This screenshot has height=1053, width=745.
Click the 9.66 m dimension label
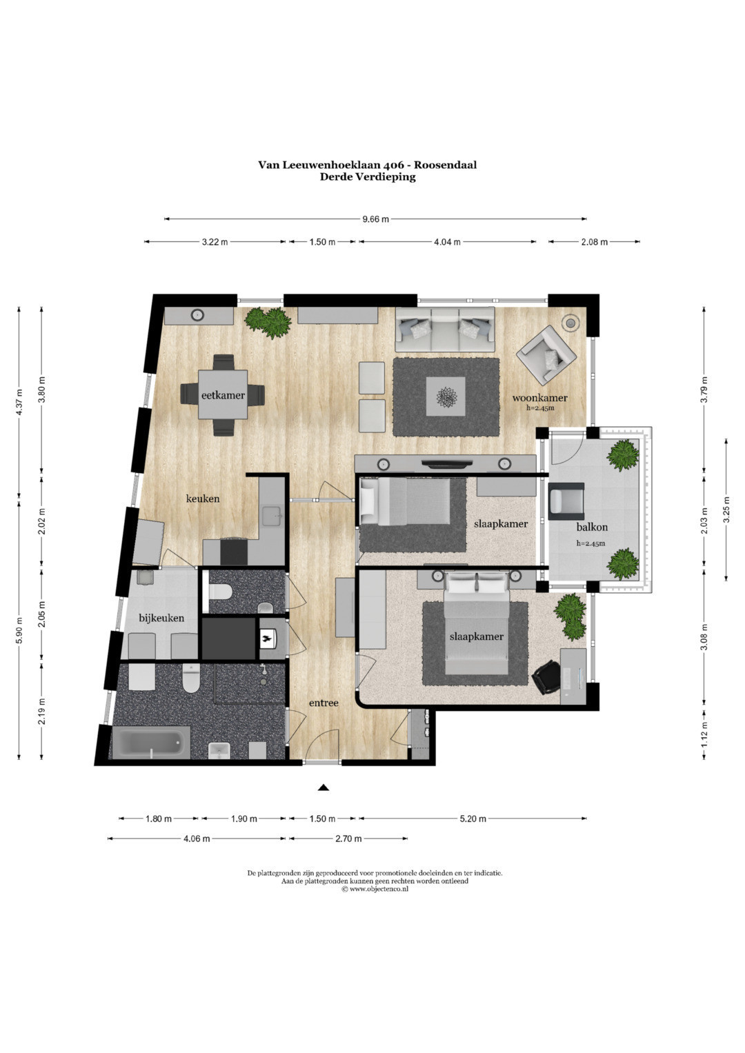(375, 219)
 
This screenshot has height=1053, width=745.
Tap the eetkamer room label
(223, 395)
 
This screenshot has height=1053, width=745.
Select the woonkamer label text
(539, 398)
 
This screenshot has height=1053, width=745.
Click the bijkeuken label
(161, 618)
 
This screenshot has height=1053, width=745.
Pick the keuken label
(203, 499)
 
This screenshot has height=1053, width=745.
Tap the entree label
(324, 703)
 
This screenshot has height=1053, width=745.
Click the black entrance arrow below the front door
(323, 788)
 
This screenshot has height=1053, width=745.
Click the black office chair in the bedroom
(546, 677)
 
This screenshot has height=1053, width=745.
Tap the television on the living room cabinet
(446, 463)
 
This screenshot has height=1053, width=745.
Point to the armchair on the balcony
(566, 501)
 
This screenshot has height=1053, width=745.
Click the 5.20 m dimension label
(473, 819)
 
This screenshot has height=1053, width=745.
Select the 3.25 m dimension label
(726, 510)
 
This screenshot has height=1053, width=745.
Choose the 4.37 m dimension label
(19, 403)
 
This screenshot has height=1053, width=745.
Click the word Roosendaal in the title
(445, 165)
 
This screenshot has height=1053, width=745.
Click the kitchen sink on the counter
(272, 516)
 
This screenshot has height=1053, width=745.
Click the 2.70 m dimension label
(348, 839)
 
